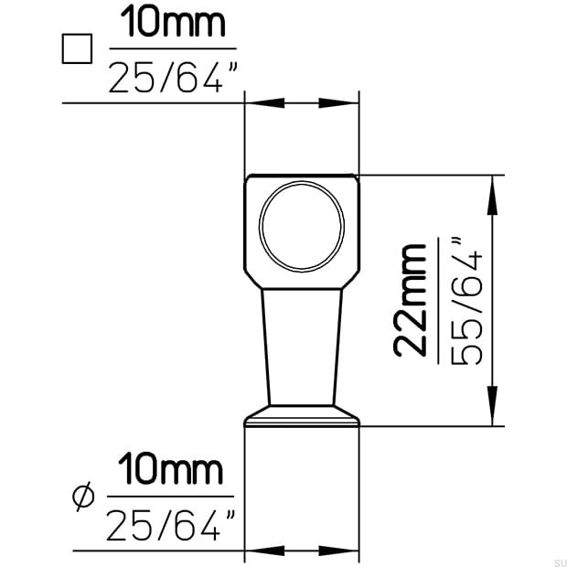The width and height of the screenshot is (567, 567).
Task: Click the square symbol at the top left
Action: point(77,48)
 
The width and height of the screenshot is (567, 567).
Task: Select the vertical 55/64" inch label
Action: point(466,300)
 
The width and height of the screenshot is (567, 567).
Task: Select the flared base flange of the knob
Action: point(302,416)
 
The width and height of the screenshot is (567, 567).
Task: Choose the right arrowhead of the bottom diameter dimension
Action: point(347,551)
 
